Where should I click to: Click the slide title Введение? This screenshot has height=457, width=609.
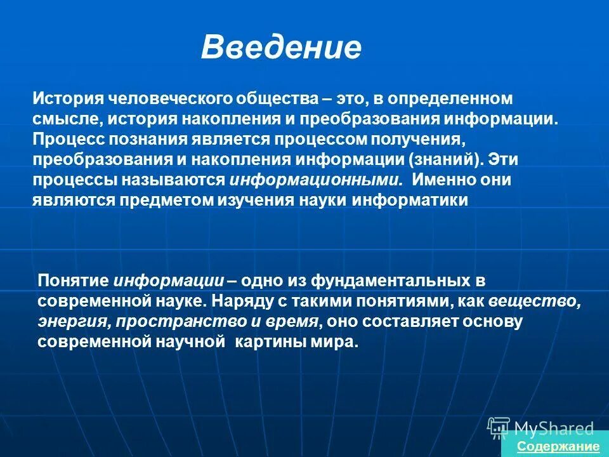[281, 48]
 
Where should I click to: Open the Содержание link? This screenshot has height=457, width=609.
[558, 446]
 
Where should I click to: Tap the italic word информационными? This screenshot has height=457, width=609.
[315, 180]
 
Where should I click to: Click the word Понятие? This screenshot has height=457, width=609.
[74, 281]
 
